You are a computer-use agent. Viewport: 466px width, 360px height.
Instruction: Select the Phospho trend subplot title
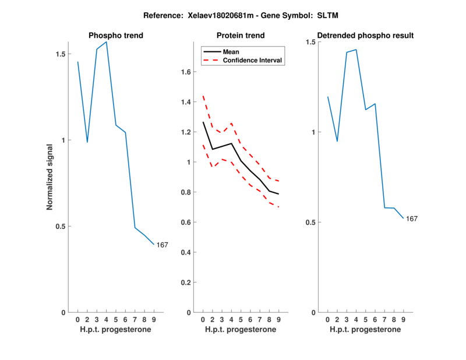(115, 36)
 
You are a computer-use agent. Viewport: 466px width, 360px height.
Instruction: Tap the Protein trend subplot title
(240, 36)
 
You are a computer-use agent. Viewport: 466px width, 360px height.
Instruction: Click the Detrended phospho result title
(365, 36)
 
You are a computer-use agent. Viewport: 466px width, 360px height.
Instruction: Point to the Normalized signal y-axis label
(50, 177)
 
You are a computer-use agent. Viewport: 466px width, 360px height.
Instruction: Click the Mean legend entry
(231, 51)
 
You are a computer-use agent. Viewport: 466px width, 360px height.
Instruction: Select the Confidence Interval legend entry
(252, 60)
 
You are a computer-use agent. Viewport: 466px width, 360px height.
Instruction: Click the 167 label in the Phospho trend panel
(162, 245)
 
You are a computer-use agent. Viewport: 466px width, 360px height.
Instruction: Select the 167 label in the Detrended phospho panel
(412, 218)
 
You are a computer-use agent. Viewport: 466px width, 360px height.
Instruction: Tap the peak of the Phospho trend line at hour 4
(106, 42)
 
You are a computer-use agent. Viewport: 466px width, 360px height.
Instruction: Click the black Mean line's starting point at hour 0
(203, 122)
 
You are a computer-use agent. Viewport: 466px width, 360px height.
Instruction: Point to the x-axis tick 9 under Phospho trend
(154, 319)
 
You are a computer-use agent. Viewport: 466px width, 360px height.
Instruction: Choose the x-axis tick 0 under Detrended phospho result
(327, 319)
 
